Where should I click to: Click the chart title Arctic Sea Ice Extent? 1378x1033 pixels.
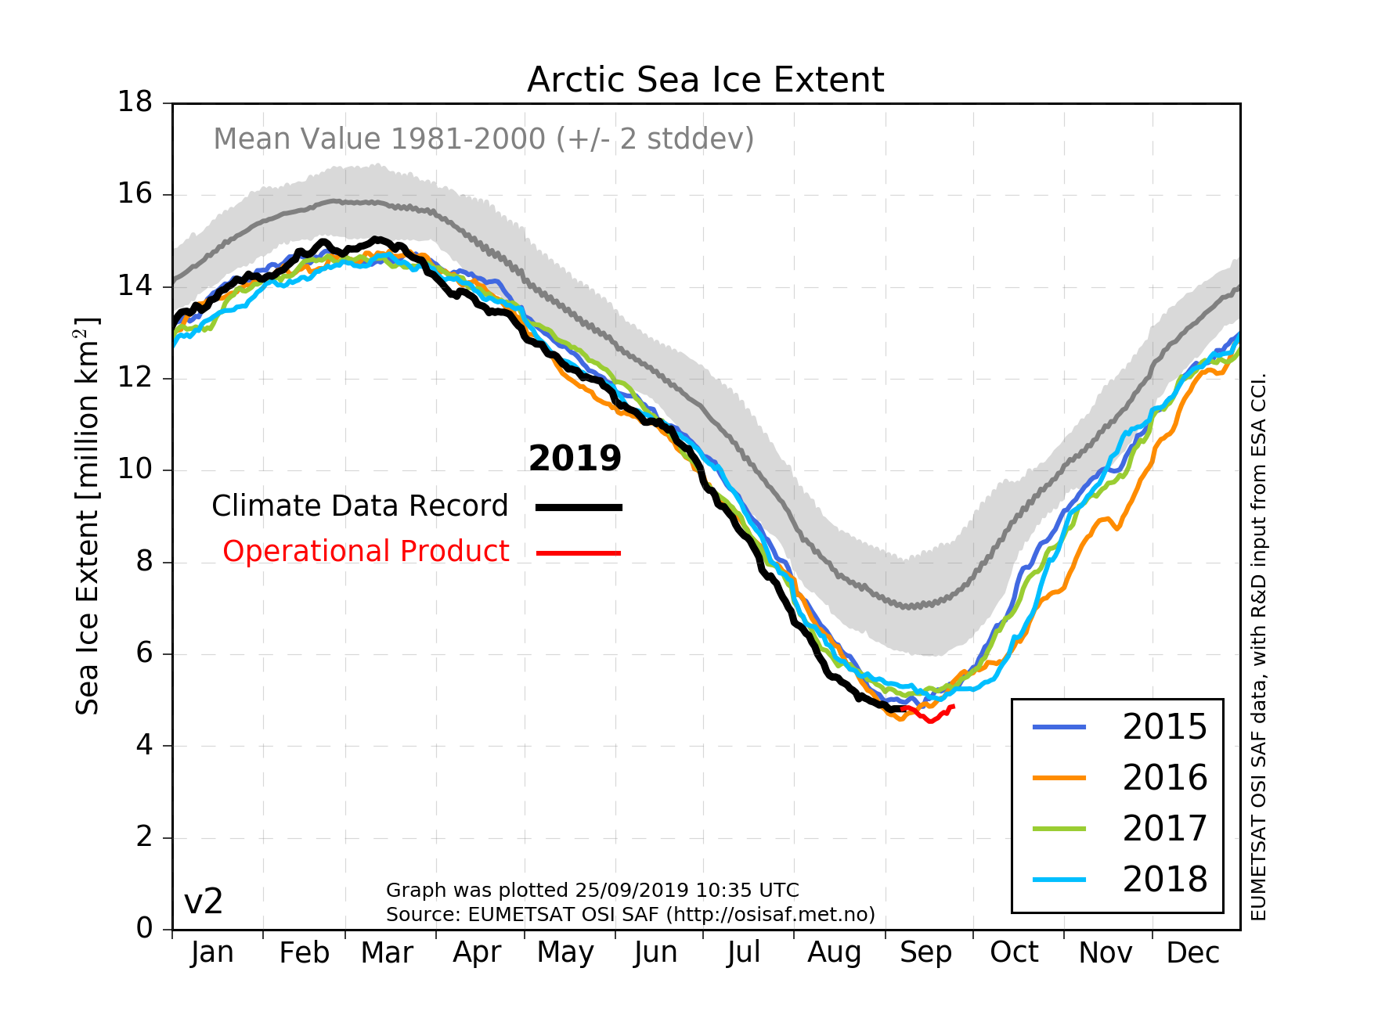[705, 80]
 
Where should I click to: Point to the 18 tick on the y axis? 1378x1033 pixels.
[135, 103]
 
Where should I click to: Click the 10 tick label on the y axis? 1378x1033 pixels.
[135, 470]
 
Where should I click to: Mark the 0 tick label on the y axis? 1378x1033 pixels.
[144, 929]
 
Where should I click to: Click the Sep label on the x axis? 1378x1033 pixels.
[925, 952]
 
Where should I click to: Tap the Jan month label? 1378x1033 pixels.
[212, 952]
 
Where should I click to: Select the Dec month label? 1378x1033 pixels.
[1192, 952]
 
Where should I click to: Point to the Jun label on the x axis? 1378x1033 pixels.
[655, 952]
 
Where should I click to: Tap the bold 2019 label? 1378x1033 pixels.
[575, 459]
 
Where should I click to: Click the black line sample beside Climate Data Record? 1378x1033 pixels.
[579, 508]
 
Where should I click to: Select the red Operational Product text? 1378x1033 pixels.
[366, 552]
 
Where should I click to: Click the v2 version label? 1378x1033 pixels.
[204, 902]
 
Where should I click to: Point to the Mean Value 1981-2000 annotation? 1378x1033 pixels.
[483, 139]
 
